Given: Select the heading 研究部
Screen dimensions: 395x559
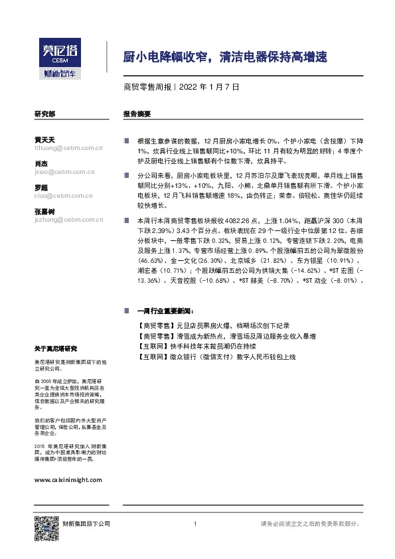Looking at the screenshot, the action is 44,114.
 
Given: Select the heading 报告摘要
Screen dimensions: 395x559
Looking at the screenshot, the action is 137,114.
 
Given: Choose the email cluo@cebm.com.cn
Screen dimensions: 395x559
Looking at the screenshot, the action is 60,196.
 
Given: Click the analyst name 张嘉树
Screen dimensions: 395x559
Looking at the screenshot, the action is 44,210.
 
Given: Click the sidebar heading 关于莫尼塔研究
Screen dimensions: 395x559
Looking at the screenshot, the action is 56,349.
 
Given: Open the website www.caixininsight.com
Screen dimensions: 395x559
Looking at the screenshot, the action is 67,479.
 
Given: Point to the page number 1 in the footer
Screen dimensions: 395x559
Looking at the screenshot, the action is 195,524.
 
